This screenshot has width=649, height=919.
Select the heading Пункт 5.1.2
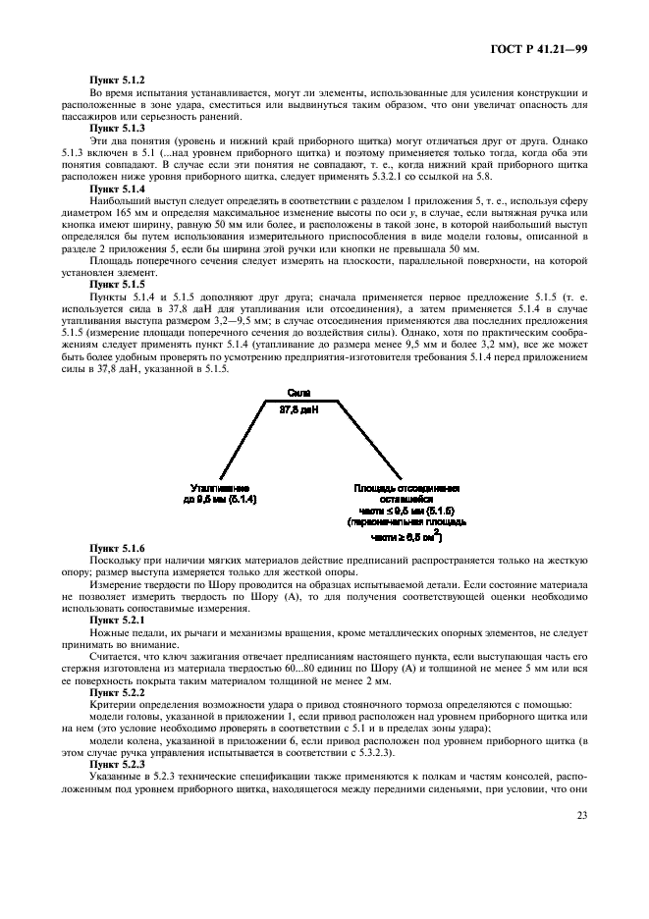click(x=117, y=80)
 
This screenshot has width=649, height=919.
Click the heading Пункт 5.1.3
click(x=117, y=129)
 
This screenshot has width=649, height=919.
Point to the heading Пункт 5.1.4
click(x=117, y=189)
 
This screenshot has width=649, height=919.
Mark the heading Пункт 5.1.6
click(x=117, y=548)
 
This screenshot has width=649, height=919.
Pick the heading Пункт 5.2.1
click(x=117, y=621)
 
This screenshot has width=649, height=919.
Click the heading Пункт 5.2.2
click(x=117, y=692)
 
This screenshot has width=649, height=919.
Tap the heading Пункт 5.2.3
click(x=117, y=765)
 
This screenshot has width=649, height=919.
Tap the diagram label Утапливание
click(x=220, y=488)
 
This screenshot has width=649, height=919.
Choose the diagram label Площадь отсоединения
click(x=406, y=488)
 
